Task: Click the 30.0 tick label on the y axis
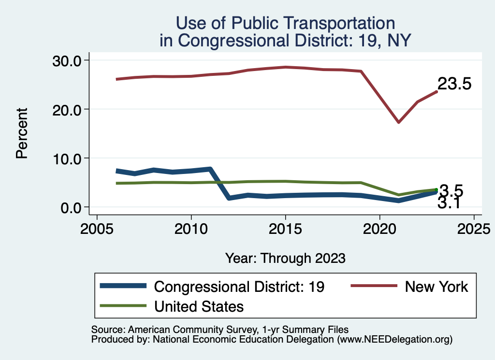pos(67,60)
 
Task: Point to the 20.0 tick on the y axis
pos(67,109)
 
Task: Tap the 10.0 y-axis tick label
pos(67,158)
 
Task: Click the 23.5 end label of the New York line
pos(454,84)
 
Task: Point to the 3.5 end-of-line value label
pos(451,190)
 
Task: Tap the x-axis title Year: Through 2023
pos(285,258)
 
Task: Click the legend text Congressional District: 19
pos(239,287)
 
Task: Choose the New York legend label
pos(437,287)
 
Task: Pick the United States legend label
pos(199,306)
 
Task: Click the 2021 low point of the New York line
pos(398,122)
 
